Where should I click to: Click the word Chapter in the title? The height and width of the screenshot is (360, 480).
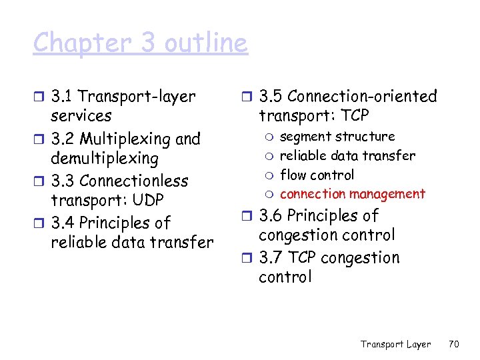coord(74,43)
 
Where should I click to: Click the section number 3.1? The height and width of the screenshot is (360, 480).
coord(64,97)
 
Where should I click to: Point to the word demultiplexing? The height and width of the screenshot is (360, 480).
coord(105,159)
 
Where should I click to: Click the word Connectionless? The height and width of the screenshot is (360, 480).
coord(133,181)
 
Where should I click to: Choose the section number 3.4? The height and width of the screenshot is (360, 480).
coord(64,223)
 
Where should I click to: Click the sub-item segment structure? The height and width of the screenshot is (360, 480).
coord(337,137)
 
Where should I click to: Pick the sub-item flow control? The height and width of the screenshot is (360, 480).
coord(317,175)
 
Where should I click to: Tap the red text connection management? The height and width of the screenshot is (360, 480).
coord(352,194)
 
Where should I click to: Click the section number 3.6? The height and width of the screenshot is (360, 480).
coord(272,216)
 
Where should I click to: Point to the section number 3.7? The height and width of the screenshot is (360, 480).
coord(272,258)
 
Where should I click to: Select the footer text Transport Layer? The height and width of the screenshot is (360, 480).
coord(396,344)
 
